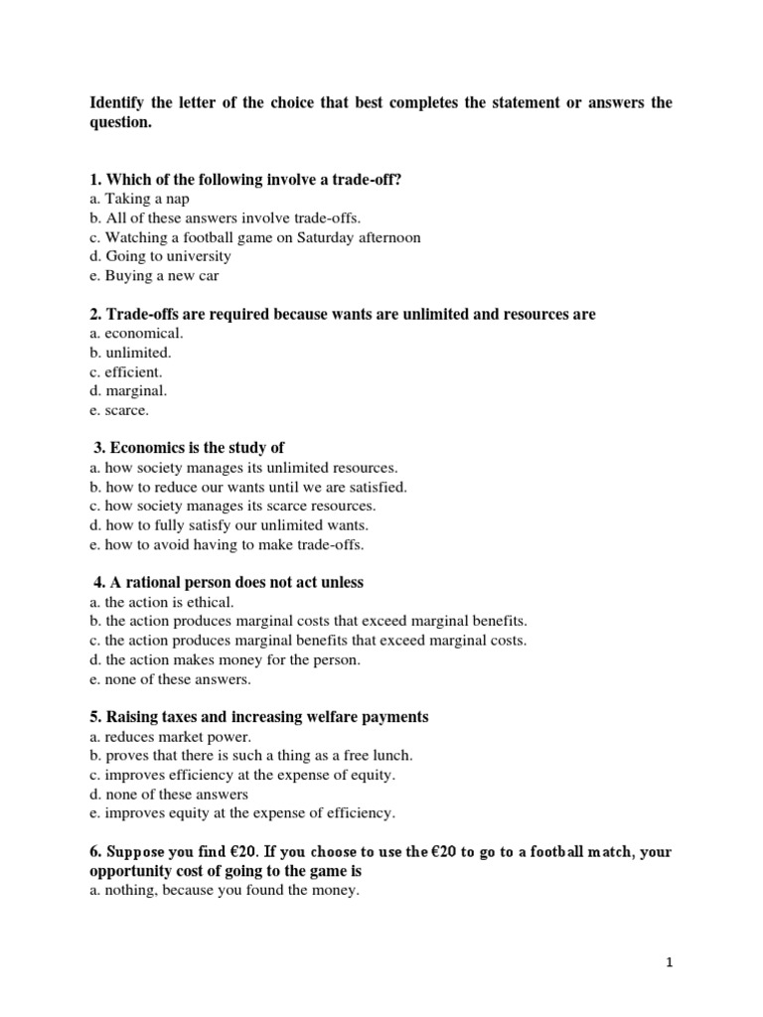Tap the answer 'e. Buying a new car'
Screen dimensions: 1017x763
coord(154,275)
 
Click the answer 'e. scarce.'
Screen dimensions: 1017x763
coord(119,410)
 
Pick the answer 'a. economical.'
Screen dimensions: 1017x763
coord(136,334)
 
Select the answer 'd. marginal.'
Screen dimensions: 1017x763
coord(128,391)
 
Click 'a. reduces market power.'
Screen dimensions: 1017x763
coord(170,736)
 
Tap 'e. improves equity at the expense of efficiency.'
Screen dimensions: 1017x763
coord(242,812)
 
